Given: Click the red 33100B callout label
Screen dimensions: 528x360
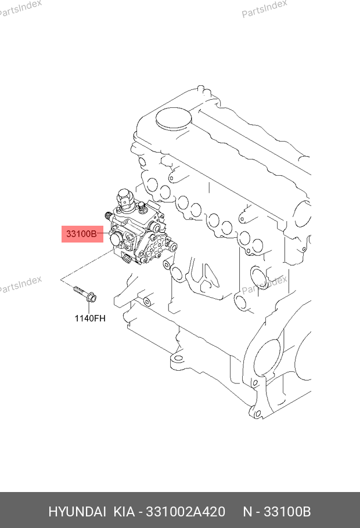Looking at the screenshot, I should [81, 234].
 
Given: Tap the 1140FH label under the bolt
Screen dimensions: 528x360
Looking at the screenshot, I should [89, 318].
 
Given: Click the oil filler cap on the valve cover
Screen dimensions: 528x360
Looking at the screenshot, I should [174, 118].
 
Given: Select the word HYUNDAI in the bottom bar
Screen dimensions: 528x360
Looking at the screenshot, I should [76, 512].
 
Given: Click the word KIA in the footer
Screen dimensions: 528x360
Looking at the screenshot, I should [123, 512].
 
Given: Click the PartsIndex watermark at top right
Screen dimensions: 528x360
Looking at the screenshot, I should [265, 9].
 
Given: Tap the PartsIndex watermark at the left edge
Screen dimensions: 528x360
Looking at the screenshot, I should [20, 284].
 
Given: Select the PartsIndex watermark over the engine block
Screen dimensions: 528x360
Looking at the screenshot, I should [265, 284].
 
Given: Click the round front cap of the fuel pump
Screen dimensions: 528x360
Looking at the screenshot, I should [114, 239].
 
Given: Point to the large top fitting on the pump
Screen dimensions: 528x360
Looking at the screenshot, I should [126, 199].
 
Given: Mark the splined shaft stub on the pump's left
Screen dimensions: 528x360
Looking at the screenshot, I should [107, 216].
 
